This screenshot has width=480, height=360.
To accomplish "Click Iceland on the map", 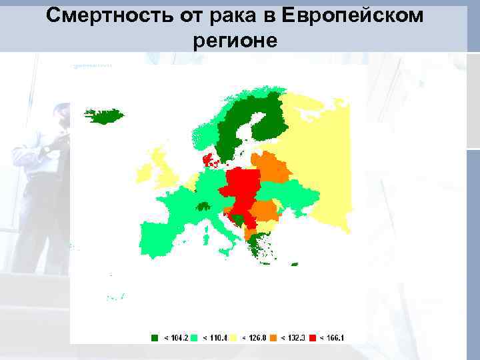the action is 105,117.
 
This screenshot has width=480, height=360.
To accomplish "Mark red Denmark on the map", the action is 209,159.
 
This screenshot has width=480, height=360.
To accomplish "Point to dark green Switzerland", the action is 203,207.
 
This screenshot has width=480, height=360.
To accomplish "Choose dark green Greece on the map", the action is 256,247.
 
